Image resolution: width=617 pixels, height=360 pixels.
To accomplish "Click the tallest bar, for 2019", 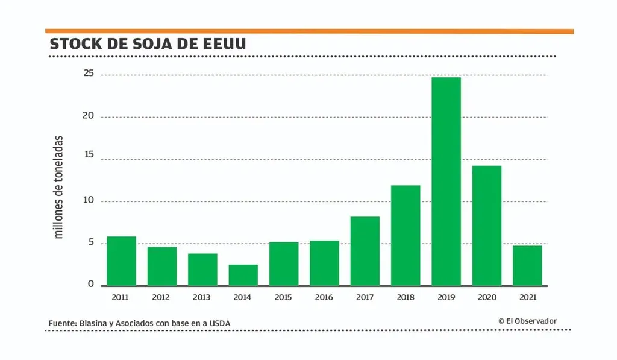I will (446, 181).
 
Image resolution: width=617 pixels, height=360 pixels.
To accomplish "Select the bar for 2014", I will (243, 275).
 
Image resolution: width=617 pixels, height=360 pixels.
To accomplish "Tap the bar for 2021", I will (527, 265).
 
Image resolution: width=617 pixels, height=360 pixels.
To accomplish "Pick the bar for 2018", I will (406, 235).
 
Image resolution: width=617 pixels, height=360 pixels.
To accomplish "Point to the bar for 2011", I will (121, 261).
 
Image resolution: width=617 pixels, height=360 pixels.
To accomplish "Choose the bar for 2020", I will (487, 225).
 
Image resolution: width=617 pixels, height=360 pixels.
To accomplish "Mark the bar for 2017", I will (365, 251).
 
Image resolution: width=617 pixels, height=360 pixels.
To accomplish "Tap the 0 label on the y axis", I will (92, 284).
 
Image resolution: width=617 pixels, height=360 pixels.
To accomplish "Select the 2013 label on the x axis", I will (202, 297).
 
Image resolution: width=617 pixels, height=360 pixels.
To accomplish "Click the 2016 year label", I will (324, 297).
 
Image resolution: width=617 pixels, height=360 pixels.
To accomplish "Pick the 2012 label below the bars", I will (161, 297).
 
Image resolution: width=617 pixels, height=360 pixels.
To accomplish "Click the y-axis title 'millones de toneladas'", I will (59, 187).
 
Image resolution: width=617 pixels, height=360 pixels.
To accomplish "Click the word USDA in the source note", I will (219, 324).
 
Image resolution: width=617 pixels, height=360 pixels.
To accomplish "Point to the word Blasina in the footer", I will (95, 324).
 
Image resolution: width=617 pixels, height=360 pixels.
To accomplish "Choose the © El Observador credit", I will (527, 321).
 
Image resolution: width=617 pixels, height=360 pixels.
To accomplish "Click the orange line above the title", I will (309, 31).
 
